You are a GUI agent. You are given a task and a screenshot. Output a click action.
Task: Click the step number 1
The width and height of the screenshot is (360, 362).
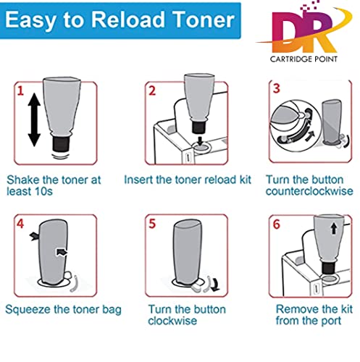(x=22, y=93)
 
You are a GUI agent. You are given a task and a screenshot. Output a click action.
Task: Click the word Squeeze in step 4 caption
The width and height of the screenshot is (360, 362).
(x=29, y=310)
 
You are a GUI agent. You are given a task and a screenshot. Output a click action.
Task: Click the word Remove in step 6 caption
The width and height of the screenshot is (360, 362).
(x=294, y=309)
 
